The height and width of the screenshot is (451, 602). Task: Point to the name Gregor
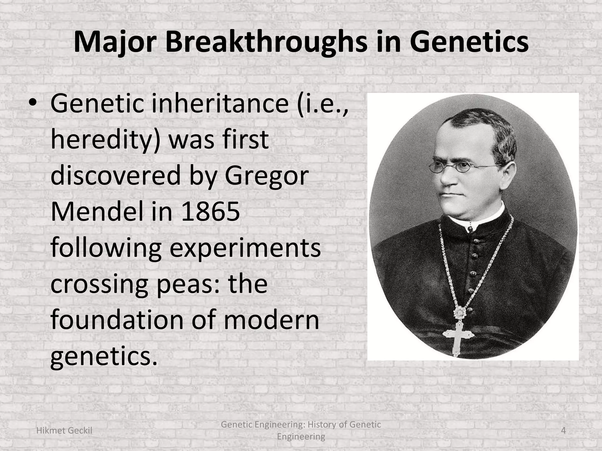pos(267,176)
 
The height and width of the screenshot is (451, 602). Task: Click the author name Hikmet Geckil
pos(64,430)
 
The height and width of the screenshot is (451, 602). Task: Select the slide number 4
pos(563,430)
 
